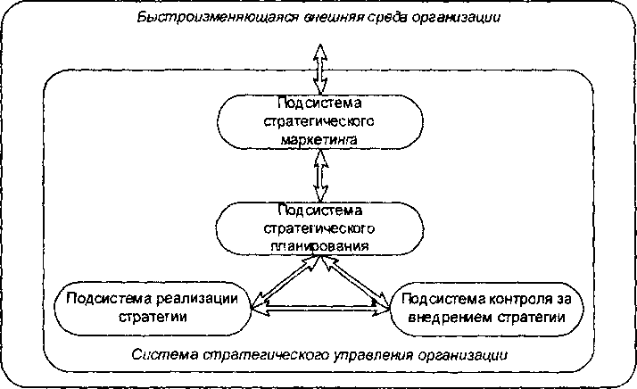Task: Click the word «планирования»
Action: click(x=318, y=242)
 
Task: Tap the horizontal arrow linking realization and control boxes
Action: click(x=319, y=308)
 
